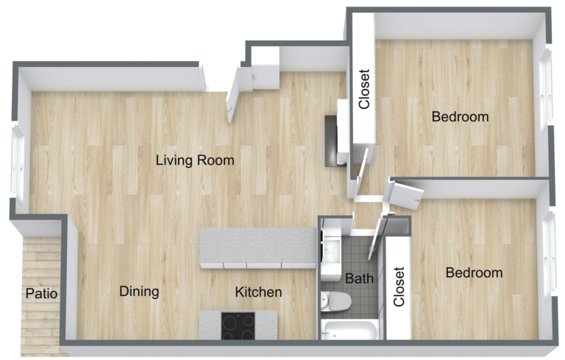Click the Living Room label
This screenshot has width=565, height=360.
click(194, 160)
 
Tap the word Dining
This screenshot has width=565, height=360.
click(139, 292)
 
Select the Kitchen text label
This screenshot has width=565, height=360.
click(258, 292)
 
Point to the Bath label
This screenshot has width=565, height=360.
click(359, 279)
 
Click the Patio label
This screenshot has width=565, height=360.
click(41, 294)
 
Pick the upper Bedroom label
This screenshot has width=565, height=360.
click(460, 116)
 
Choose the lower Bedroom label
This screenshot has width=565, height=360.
click(475, 273)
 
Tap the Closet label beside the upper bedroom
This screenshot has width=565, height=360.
click(363, 89)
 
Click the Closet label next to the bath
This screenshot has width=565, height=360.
click(399, 287)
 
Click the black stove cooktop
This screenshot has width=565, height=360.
click(238, 325)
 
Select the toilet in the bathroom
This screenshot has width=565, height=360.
click(336, 300)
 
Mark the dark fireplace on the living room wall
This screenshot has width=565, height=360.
click(333, 138)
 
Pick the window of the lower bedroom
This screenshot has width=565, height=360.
click(548, 254)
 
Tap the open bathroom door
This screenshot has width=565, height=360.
click(376, 234)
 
